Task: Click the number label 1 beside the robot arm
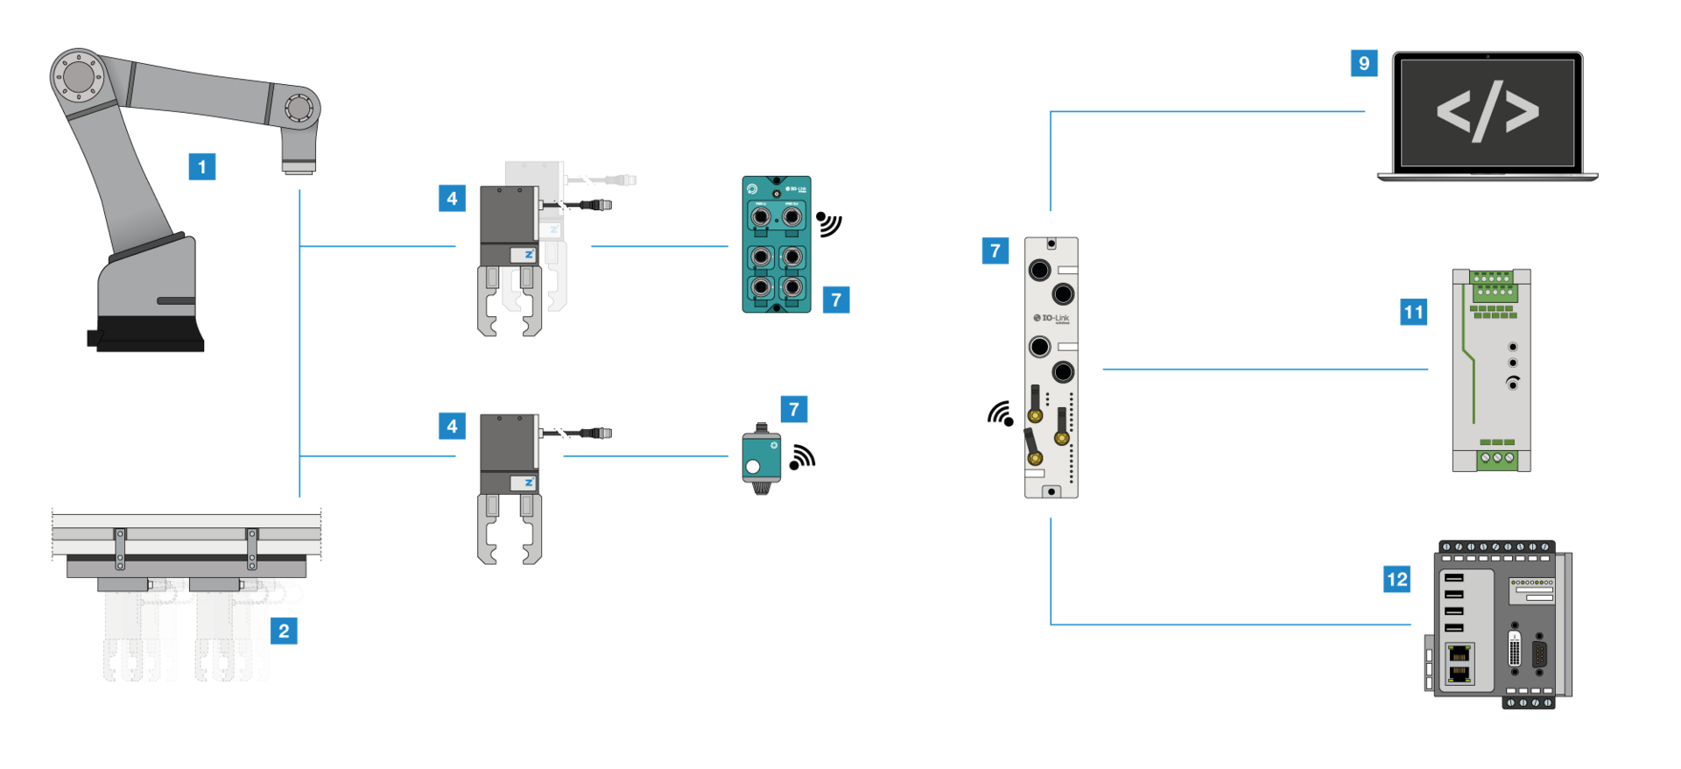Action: point(202,166)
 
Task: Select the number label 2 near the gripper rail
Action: point(284,631)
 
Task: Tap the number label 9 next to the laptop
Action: point(1364,63)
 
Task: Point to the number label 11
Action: point(1414,312)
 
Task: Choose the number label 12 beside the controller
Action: point(1397,579)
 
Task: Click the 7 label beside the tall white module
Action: point(995,250)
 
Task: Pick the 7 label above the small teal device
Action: point(794,409)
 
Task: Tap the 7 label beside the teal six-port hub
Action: point(836,300)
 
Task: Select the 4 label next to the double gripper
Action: point(452,198)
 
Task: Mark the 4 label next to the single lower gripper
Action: point(452,426)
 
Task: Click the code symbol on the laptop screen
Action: point(1488,112)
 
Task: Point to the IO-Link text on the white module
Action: point(1054,318)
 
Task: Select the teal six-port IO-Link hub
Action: point(777,244)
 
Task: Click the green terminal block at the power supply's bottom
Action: point(1497,458)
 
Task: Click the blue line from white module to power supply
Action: point(1265,369)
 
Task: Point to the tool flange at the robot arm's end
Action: point(299,165)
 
